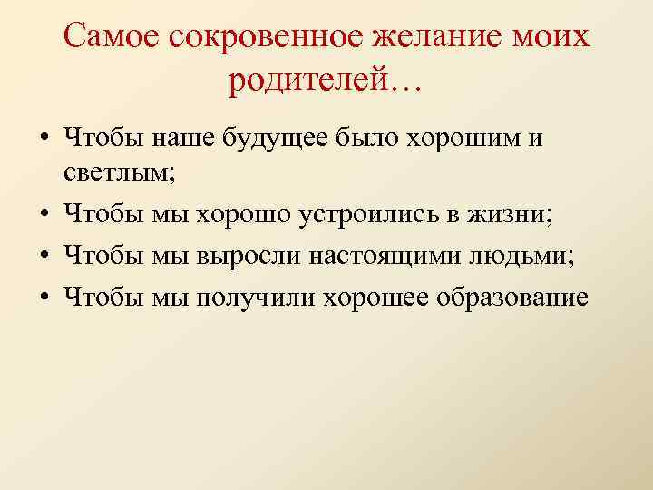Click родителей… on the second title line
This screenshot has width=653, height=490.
point(326,83)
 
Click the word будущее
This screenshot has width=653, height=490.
point(271,140)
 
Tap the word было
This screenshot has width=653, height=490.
point(366,140)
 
